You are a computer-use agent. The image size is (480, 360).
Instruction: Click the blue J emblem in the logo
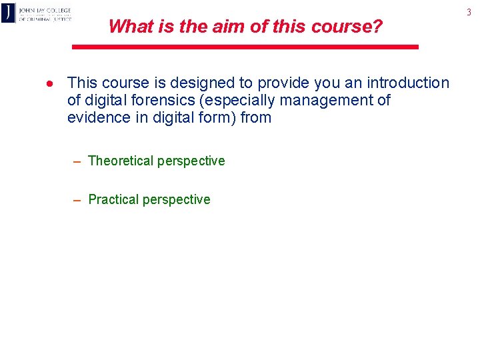[8, 13]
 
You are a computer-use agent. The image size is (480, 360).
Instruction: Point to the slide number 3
[469, 12]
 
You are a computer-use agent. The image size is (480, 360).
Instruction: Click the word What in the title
[127, 27]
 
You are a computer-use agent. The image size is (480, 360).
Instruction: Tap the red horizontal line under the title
[245, 47]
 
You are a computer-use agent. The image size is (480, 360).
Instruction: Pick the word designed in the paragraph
[203, 83]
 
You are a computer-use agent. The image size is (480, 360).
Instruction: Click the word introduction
[405, 83]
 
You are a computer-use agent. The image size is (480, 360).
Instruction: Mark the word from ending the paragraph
[256, 117]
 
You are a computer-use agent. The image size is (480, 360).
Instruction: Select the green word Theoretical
[121, 161]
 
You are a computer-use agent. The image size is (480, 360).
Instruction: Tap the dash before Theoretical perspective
[77, 161]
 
